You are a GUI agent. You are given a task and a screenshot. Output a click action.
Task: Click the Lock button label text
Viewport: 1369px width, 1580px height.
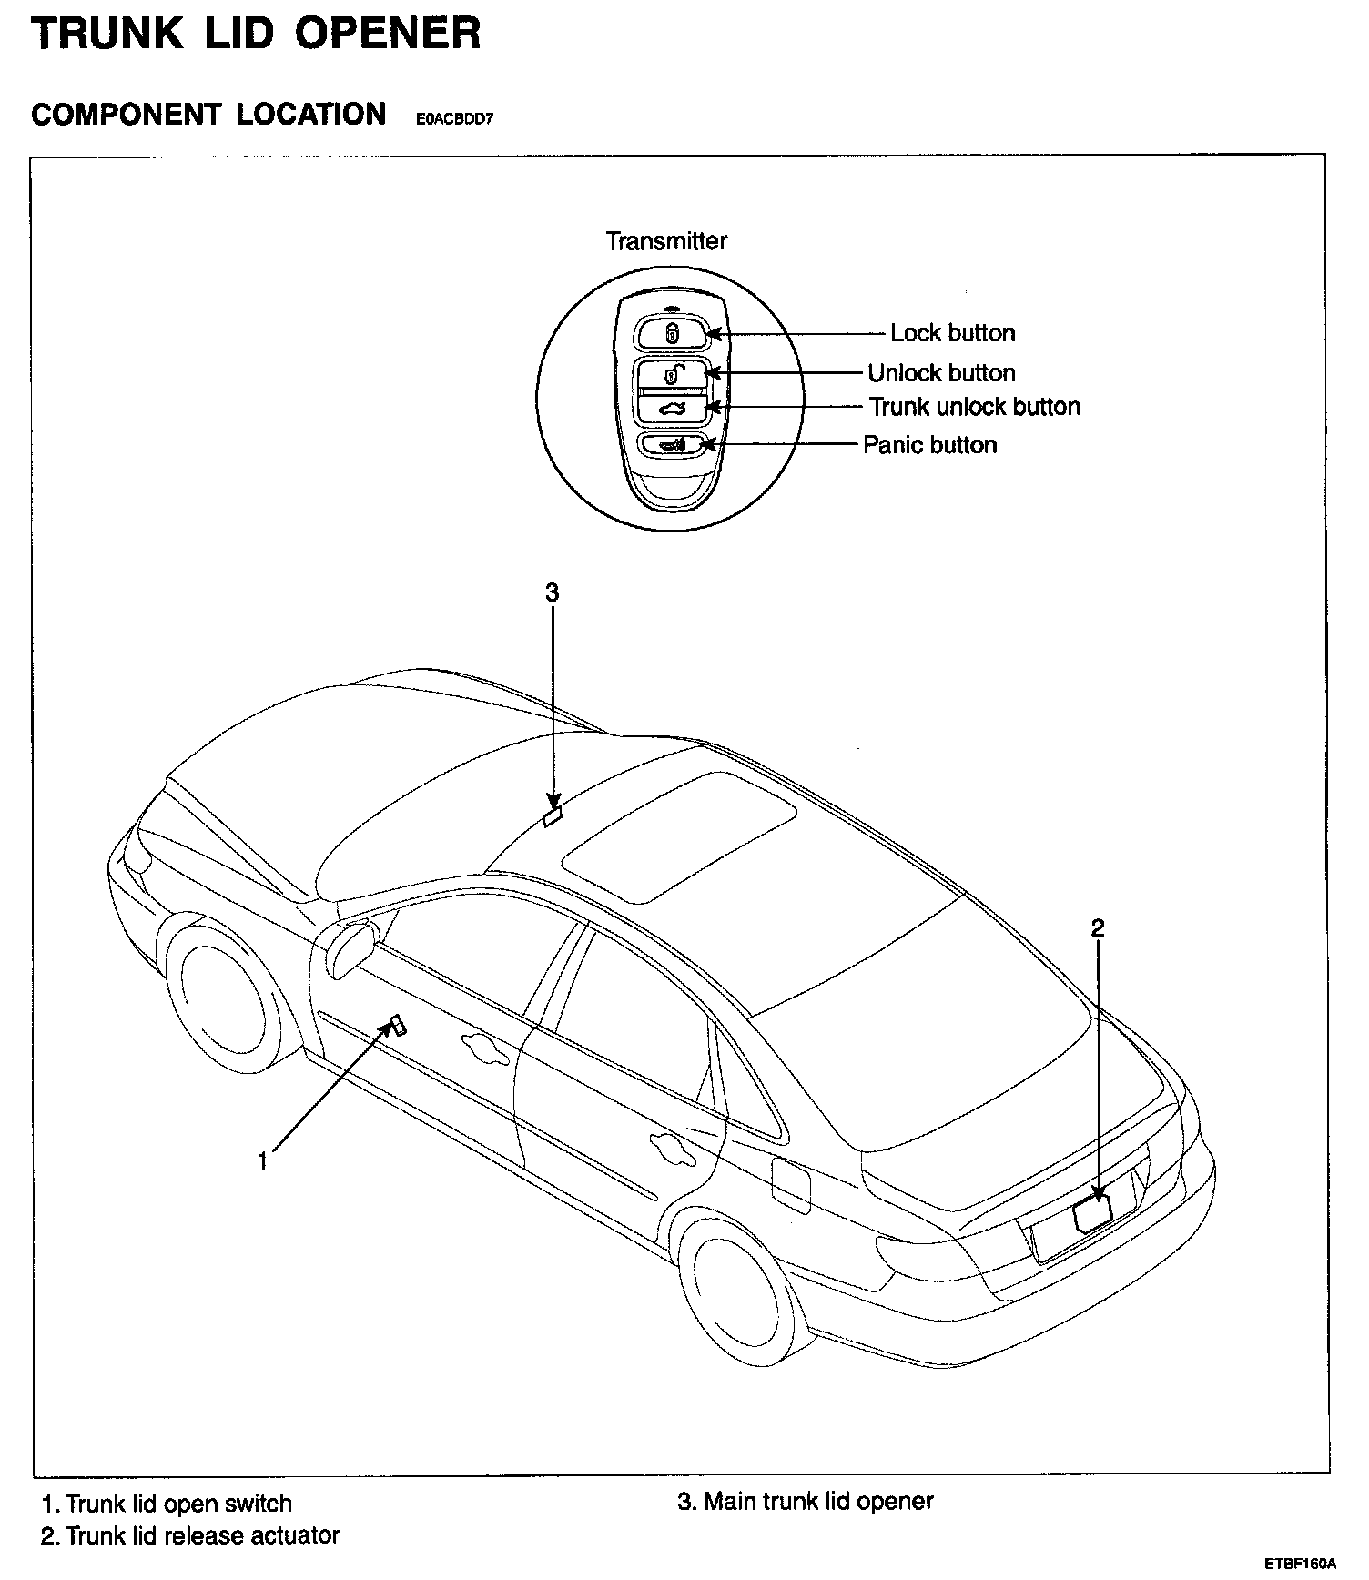click(952, 333)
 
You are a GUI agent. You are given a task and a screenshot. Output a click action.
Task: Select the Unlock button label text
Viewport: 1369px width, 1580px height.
click(941, 373)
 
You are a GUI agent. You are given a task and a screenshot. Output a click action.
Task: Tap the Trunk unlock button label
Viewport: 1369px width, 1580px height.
click(975, 407)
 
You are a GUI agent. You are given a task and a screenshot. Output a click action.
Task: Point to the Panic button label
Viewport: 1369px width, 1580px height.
click(929, 445)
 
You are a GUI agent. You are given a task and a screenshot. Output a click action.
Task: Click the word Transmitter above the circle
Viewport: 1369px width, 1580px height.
click(666, 241)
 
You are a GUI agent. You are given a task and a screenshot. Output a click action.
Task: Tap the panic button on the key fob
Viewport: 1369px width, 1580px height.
click(671, 445)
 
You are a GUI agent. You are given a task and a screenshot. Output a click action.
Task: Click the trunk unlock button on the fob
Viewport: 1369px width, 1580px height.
click(671, 409)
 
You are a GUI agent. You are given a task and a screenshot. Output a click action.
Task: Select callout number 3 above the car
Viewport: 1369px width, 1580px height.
click(552, 593)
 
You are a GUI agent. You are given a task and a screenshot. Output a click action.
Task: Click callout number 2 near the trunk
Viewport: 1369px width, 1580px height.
click(1098, 928)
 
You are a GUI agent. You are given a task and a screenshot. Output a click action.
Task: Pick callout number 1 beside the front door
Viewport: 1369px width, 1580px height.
click(263, 1160)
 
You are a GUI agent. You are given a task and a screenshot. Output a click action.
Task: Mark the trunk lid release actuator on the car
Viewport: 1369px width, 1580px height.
click(1093, 1214)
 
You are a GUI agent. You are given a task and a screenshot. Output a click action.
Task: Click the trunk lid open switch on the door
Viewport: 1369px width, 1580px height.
click(398, 1026)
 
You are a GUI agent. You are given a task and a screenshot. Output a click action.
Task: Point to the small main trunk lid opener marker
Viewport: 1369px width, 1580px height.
click(553, 817)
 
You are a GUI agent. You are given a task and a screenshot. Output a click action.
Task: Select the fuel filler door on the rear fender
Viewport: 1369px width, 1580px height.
click(789, 1182)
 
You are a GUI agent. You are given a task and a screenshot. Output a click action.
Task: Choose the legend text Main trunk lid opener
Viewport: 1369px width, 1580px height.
click(806, 1501)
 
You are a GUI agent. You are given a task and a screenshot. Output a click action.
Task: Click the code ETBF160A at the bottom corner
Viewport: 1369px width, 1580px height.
click(1299, 1564)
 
